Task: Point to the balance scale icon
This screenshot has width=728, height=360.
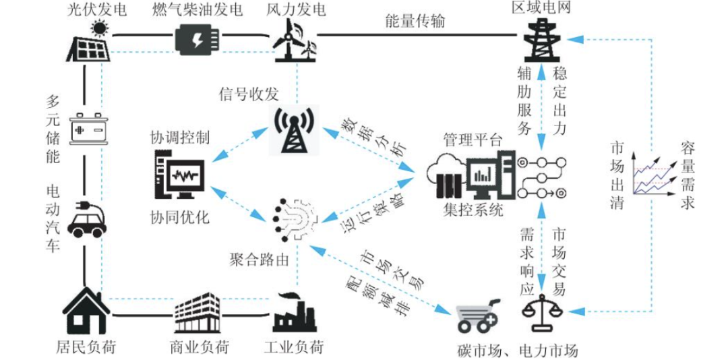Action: pyautogui.click(x=543, y=316)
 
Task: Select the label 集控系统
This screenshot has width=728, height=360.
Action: pyautogui.click(x=473, y=210)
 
